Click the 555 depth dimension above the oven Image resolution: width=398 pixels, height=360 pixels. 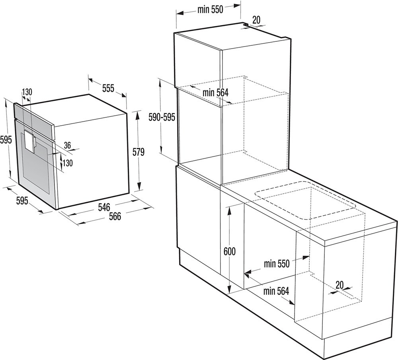[x=108, y=88]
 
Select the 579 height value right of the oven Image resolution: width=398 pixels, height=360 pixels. [x=139, y=152]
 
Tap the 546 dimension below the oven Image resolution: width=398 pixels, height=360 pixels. [x=104, y=207]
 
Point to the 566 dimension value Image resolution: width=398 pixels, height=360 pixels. [x=115, y=216]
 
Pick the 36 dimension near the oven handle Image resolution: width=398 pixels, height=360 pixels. [x=67, y=145]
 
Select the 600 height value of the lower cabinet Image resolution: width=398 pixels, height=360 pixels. [x=230, y=251]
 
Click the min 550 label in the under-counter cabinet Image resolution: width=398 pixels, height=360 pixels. [x=277, y=264]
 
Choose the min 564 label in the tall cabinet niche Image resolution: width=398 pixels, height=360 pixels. [x=215, y=93]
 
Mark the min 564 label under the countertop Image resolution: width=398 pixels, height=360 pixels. [x=276, y=291]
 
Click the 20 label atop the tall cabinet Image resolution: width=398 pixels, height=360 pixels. [x=256, y=20]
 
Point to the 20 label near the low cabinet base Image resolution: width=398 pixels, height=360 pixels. [x=339, y=285]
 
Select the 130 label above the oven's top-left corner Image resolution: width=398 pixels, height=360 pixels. [x=27, y=92]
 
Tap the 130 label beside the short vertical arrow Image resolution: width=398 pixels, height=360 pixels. [x=68, y=163]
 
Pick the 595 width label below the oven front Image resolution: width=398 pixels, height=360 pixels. [x=22, y=201]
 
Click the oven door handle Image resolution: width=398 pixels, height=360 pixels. [x=30, y=141]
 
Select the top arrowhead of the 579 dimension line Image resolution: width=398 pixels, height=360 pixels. [x=137, y=116]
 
